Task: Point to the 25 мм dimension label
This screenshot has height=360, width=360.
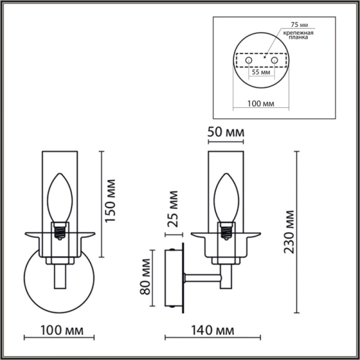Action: (173, 208)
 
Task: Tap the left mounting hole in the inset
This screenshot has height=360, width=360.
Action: (247, 60)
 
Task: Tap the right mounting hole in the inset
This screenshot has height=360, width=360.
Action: (275, 60)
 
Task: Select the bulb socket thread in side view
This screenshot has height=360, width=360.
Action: (226, 230)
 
